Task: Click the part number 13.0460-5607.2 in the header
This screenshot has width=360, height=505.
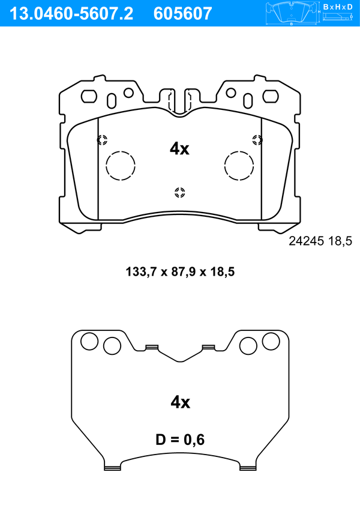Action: (71, 14)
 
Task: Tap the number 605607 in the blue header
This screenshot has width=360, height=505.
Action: (183, 14)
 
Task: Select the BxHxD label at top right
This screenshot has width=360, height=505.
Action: (338, 7)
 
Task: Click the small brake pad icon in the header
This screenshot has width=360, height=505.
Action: (292, 14)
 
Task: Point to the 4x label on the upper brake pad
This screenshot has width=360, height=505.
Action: (179, 149)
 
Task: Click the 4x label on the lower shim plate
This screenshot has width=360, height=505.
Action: (180, 402)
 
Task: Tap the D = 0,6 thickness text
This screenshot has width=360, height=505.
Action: (180, 440)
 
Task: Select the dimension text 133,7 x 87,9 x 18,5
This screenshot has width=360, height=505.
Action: (180, 272)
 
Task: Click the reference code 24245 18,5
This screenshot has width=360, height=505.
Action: (320, 241)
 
